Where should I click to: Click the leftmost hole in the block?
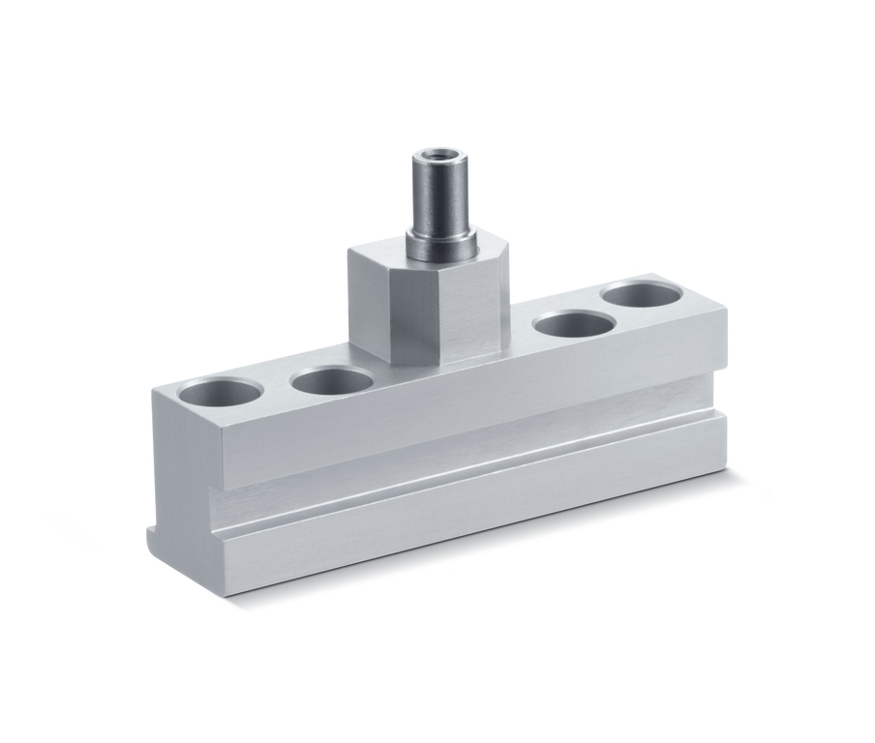tap(221, 394)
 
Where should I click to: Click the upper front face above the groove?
tap(465, 406)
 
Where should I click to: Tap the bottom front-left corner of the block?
tap(228, 595)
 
